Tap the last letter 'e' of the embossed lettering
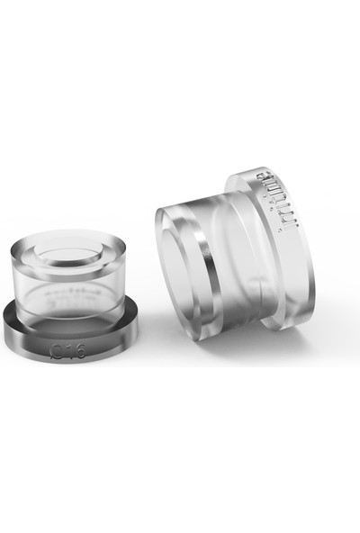pos(268,177)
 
